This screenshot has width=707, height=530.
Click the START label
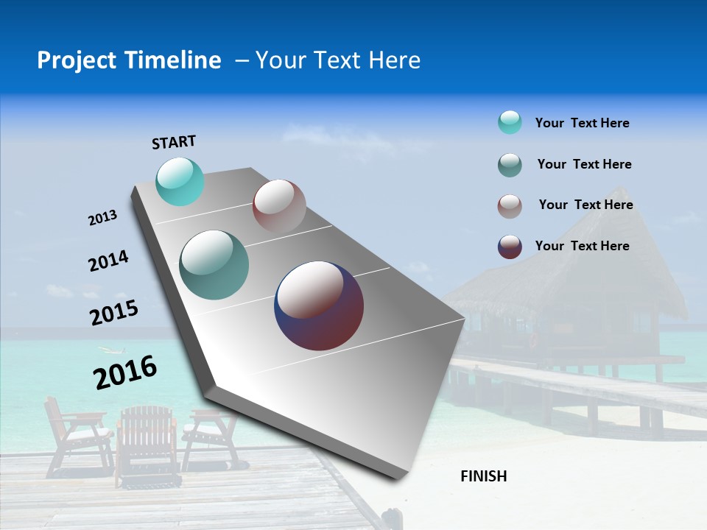174,142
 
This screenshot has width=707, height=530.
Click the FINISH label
483,476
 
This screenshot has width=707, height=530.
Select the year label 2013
102,218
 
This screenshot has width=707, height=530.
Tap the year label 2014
108,261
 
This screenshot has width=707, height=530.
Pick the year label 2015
114,313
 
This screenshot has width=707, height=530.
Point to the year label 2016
125,372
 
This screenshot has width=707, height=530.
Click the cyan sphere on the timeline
180,181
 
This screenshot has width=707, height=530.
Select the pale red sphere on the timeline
279,206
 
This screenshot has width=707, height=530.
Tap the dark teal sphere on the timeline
214,265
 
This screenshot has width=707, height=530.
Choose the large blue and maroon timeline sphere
319,305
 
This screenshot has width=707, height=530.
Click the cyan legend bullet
510,122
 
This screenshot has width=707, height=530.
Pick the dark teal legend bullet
510,165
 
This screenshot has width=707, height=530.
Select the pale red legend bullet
510,206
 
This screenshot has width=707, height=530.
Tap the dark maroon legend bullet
510,247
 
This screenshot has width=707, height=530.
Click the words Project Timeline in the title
129,60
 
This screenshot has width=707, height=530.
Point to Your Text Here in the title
337,60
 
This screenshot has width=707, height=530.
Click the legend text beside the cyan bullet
582,123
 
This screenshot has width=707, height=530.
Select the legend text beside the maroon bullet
582,246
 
